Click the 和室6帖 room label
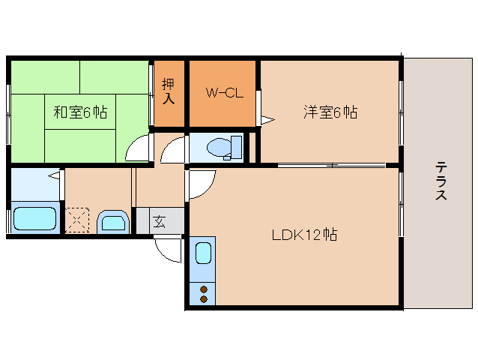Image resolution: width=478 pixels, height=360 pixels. (x=79, y=112)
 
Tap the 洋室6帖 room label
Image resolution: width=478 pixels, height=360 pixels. (x=330, y=112)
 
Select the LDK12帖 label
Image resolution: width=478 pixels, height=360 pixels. (x=304, y=235)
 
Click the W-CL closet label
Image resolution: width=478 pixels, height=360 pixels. (x=222, y=94)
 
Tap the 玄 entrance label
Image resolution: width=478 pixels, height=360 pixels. (x=160, y=221)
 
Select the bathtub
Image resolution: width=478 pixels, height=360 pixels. (x=34, y=219)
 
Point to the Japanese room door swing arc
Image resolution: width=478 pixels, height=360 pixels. (x=138, y=149)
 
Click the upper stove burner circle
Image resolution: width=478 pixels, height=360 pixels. (x=202, y=288)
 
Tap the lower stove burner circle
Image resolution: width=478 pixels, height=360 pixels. (x=202, y=298)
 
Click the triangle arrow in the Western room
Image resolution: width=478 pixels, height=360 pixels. (x=267, y=118)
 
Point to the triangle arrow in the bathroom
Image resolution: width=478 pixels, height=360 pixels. (x=53, y=175)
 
